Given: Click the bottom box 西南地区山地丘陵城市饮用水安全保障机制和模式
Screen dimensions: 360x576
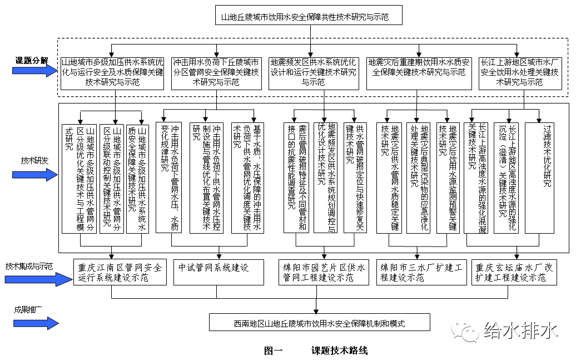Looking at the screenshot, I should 311,323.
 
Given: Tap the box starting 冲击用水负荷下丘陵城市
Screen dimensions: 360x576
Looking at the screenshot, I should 216,72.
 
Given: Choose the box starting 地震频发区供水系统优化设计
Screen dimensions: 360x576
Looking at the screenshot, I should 313,72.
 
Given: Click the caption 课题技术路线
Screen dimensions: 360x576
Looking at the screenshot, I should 339,351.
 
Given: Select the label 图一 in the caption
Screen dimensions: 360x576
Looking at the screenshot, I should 274,351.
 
